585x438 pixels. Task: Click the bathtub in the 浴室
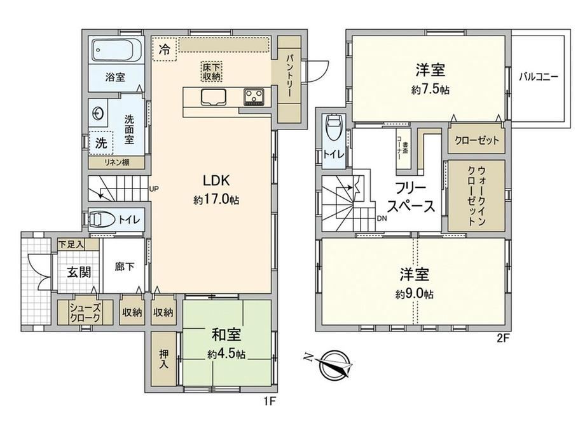(117, 50)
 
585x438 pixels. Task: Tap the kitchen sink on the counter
(214, 97)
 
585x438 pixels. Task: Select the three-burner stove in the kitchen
(254, 97)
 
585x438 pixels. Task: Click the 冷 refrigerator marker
(165, 49)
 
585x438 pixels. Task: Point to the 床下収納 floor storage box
(212, 72)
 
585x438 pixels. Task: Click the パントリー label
(289, 76)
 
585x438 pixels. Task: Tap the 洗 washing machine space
(100, 143)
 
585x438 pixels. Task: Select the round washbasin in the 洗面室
(99, 113)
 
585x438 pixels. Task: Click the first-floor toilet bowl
(102, 220)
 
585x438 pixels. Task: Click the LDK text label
(216, 180)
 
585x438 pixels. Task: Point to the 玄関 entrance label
(79, 272)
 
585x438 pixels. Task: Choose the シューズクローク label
(85, 313)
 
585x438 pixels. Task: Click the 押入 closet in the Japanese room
(163, 359)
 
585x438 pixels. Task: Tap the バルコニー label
(539, 77)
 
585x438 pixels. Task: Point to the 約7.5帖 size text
(430, 90)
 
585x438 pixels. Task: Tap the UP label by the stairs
(154, 189)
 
